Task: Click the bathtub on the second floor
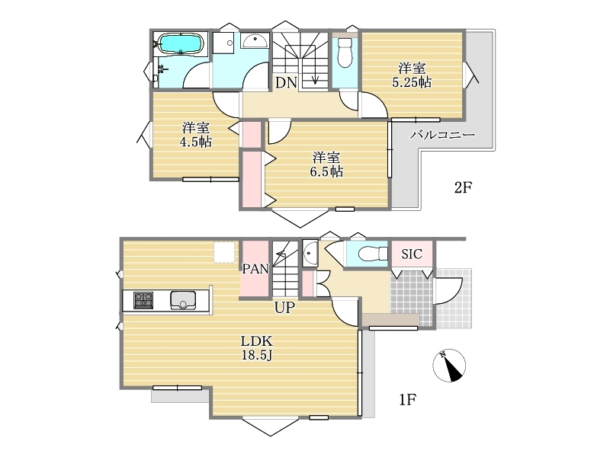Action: [x=180, y=43]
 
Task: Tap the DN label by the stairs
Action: [x=287, y=82]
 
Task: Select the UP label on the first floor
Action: [x=284, y=308]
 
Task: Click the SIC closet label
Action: [x=412, y=254]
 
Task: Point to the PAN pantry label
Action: [x=255, y=269]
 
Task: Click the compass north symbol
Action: [x=449, y=366]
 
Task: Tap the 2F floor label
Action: [x=463, y=187]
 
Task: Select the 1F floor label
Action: [x=408, y=399]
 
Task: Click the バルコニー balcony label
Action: [x=443, y=135]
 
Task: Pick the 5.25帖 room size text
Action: [x=412, y=82]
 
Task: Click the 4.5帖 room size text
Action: [x=196, y=142]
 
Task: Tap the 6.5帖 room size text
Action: [x=326, y=171]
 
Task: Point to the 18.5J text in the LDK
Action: [x=256, y=355]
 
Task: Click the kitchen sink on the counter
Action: [x=183, y=300]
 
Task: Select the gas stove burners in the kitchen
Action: [x=143, y=300]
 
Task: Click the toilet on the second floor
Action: [x=345, y=53]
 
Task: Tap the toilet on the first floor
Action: [x=373, y=254]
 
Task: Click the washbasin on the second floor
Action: [x=255, y=40]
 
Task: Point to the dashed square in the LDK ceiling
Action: [x=224, y=252]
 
